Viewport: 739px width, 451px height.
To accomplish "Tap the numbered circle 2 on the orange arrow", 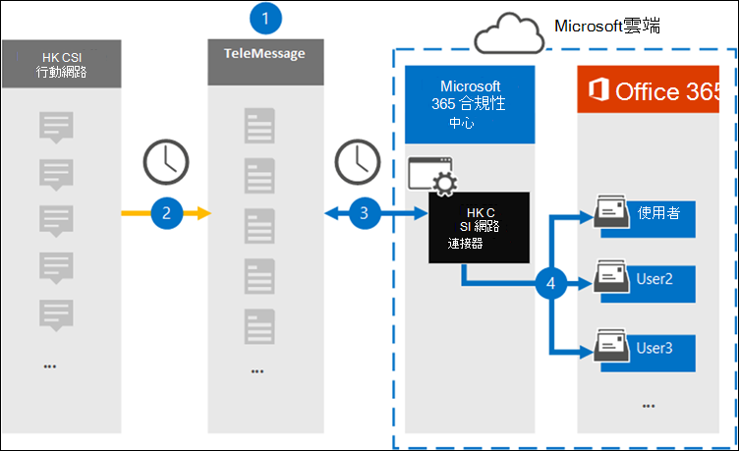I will tap(167, 211).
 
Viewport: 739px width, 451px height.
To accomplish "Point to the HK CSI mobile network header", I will tap(62, 64).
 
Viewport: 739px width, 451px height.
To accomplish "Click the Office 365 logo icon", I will tap(596, 91).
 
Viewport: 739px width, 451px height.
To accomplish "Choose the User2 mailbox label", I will tap(656, 280).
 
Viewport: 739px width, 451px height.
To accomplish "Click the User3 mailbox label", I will tap(656, 347).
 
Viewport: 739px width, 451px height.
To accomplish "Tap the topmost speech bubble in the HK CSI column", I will tap(56, 127).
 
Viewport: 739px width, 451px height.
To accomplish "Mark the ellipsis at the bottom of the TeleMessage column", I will tap(257, 371).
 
